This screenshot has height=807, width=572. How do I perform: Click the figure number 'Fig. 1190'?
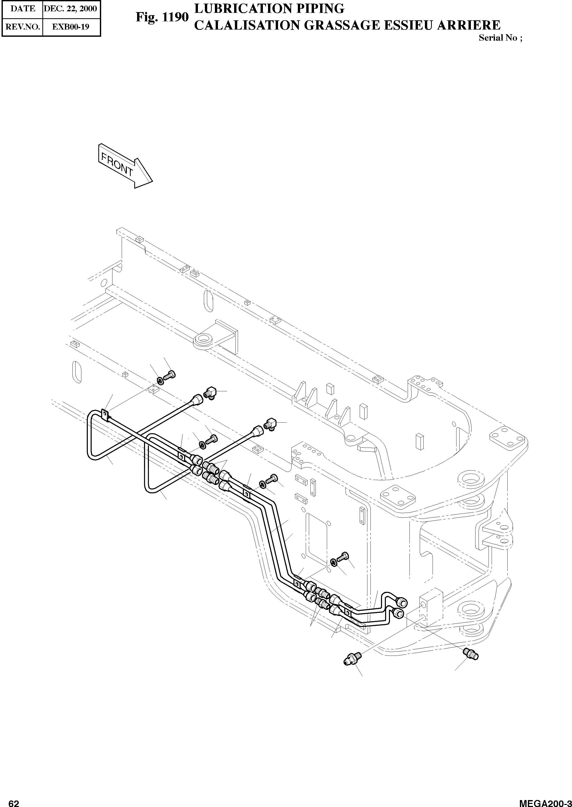(x=162, y=17)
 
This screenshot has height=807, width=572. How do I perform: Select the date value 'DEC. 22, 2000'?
(x=70, y=8)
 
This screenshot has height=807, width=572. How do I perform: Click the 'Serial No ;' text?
(x=500, y=38)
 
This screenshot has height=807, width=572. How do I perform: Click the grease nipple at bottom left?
(x=352, y=657)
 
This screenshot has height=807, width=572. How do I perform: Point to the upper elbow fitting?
(x=210, y=393)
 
